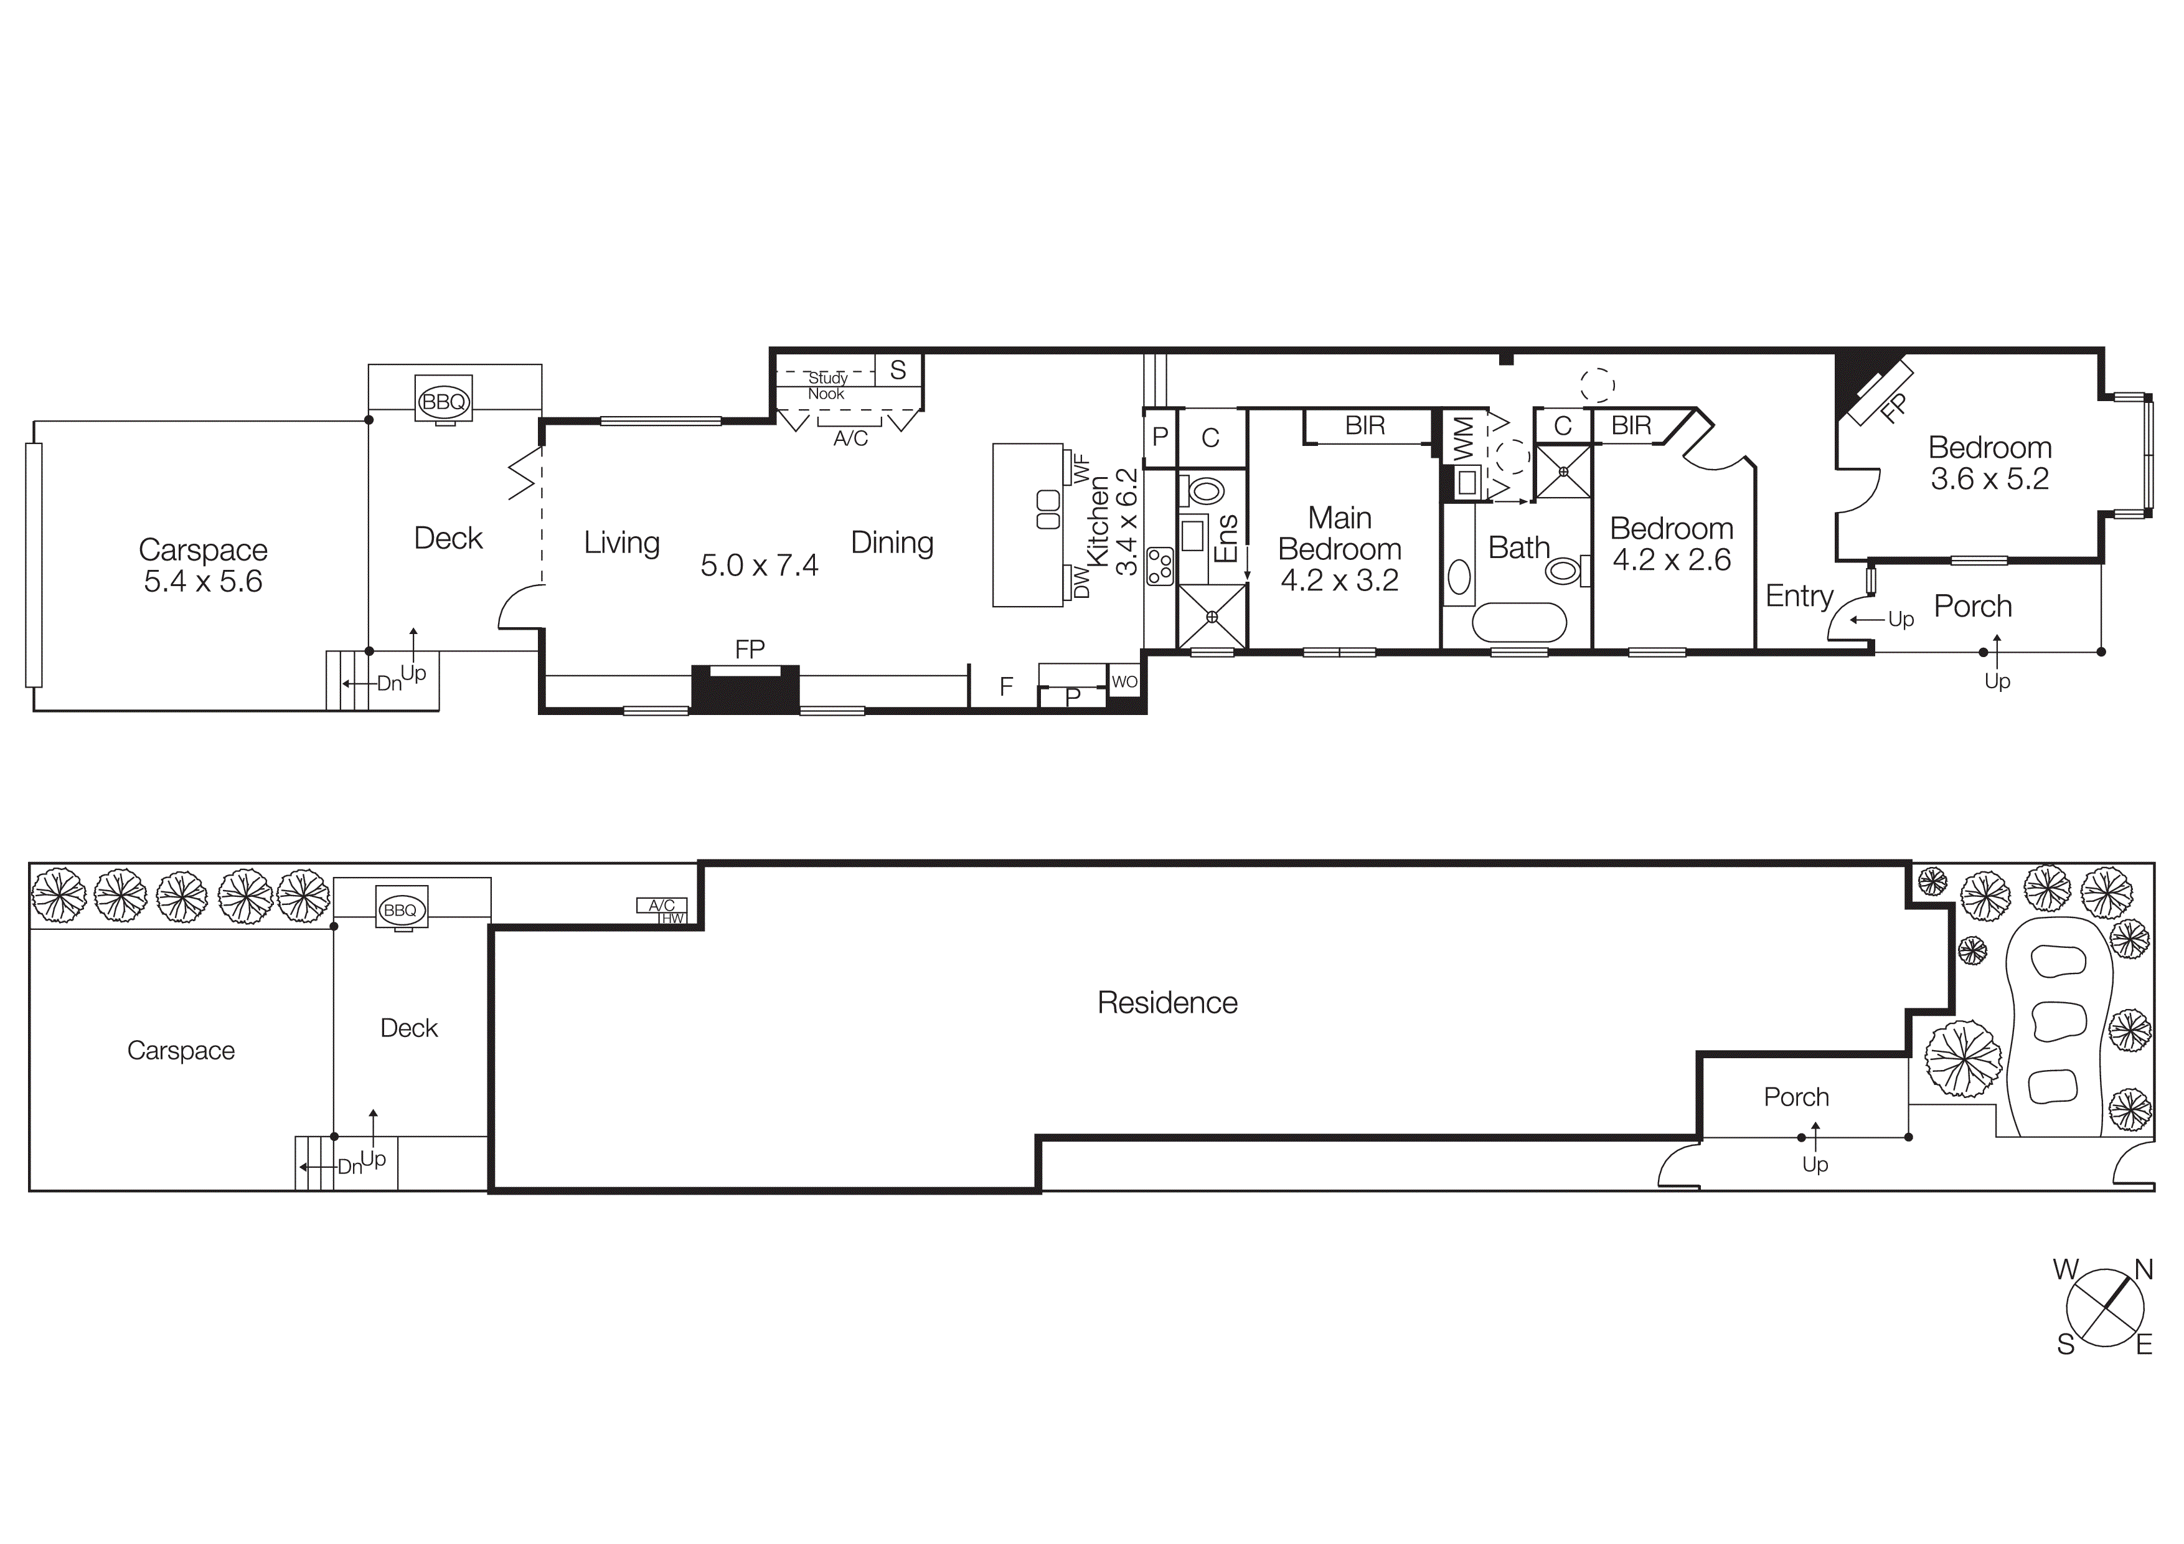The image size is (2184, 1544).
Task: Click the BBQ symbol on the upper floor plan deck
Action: (443, 402)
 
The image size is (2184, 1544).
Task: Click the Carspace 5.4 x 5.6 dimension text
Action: (202, 581)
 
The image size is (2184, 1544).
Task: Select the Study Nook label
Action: (827, 386)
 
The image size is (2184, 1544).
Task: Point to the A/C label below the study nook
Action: (850, 438)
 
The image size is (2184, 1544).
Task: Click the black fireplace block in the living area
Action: (745, 689)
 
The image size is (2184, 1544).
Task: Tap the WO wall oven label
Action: (1124, 681)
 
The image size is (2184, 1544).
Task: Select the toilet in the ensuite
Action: (1203, 491)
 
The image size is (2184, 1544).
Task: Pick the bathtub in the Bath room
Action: (1519, 623)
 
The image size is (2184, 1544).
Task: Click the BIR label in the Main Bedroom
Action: (1365, 425)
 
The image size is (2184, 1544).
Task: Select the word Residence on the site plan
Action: (1167, 1003)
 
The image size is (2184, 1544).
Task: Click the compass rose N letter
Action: (2144, 1269)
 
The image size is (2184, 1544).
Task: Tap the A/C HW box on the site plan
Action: (662, 911)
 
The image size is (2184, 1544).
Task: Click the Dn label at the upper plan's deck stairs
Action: (389, 683)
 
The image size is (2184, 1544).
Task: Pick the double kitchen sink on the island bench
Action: (1047, 510)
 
